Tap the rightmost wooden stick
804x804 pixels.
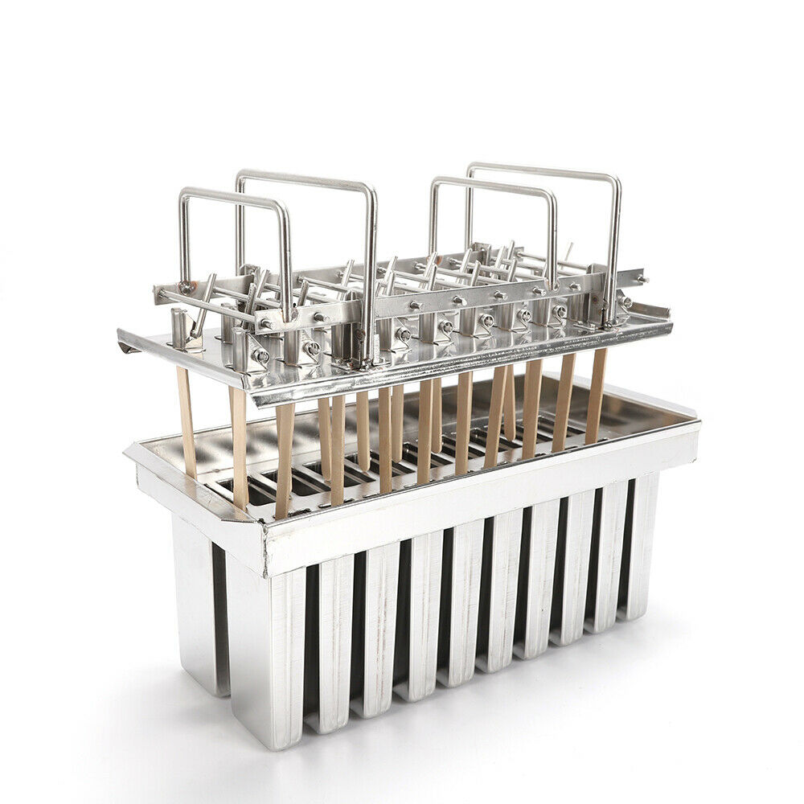click(596, 394)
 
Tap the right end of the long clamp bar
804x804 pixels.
click(642, 278)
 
